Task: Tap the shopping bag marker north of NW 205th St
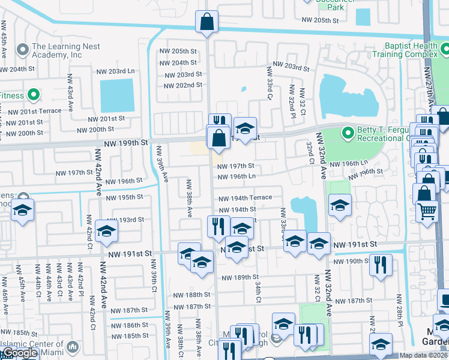206,22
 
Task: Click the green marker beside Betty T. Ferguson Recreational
347,132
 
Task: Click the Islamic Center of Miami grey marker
73,347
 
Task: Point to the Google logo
19,353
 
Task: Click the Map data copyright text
423,355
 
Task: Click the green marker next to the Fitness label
34,95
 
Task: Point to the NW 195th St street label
124,197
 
